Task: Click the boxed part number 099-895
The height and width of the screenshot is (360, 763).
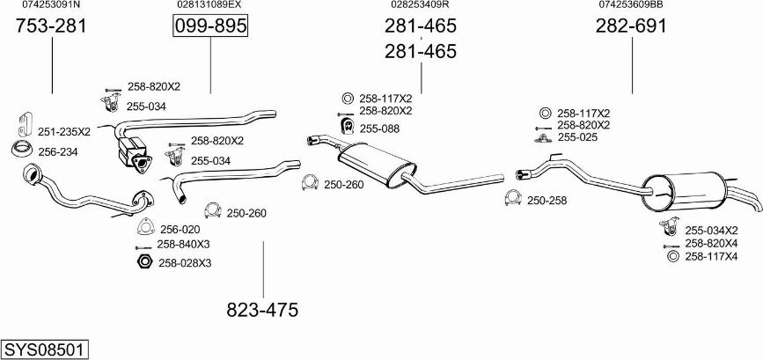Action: [210, 26]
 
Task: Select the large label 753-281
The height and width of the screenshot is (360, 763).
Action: [51, 26]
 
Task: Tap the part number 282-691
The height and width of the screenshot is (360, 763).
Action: [631, 26]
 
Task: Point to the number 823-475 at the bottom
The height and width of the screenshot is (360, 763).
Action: [262, 310]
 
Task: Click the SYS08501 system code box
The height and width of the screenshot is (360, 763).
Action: [45, 349]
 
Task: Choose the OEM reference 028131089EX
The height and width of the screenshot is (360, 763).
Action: [209, 4]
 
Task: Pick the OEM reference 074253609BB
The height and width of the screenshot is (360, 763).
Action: [631, 4]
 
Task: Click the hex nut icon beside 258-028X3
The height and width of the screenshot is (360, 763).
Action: [144, 261]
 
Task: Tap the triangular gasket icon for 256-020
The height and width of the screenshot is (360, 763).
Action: [145, 227]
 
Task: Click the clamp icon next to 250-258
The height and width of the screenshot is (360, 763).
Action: [513, 197]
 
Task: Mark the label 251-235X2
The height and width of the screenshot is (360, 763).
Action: [64, 132]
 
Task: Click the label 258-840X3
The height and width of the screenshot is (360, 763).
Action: [183, 244]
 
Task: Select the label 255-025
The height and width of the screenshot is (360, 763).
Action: [577, 137]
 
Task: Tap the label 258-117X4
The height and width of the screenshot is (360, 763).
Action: [711, 256]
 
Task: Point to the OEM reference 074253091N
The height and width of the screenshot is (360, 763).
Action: [51, 4]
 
